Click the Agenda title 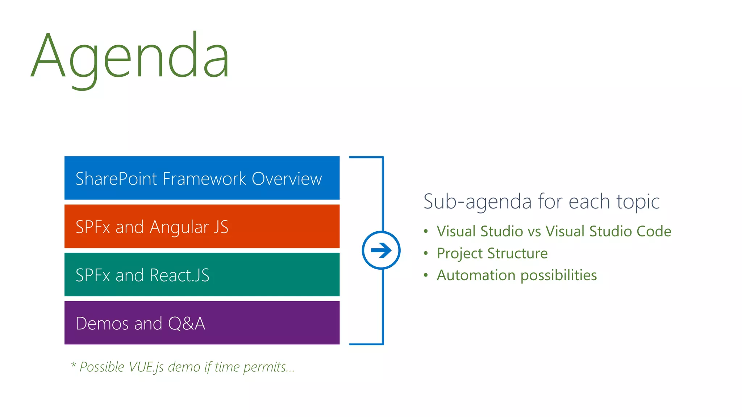[x=130, y=56]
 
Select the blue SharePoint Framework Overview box [x=202, y=178]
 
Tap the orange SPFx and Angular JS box [x=202, y=226]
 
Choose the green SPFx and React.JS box [x=202, y=274]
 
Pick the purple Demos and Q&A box [x=202, y=323]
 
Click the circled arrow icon [x=381, y=250]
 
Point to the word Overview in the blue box [x=287, y=179]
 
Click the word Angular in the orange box [x=179, y=228]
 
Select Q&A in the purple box [x=186, y=324]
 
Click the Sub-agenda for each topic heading [x=541, y=202]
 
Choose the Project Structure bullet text [x=492, y=253]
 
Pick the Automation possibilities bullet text [x=517, y=275]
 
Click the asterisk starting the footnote [x=74, y=365]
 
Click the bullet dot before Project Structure [x=426, y=253]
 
